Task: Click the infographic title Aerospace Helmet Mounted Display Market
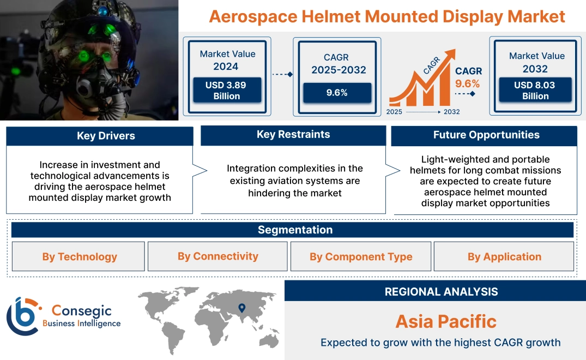tap(387, 16)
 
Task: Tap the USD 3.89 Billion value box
tap(226, 91)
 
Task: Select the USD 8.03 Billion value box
tap(535, 91)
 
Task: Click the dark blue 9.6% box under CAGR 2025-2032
tap(337, 93)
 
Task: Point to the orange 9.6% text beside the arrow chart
tap(467, 83)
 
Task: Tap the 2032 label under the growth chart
tap(451, 112)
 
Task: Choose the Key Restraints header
tap(293, 135)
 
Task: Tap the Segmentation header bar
tap(295, 230)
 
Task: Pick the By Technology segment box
tap(80, 256)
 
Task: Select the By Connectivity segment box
tap(218, 256)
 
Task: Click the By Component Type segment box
tap(361, 256)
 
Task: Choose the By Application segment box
tap(504, 256)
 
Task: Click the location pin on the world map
tap(241, 308)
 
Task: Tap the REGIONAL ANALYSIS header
tap(441, 291)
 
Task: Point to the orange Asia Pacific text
tap(446, 321)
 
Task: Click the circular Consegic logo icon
tap(23, 316)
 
